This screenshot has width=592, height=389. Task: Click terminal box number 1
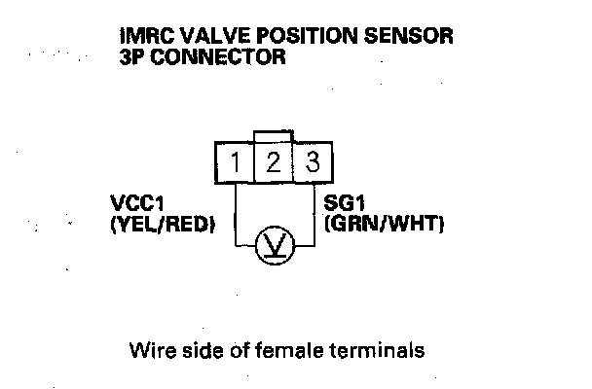coord(235,162)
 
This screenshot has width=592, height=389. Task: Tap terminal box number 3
coord(311,162)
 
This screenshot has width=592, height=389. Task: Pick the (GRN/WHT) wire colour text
coord(384,226)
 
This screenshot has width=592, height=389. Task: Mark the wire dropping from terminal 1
coord(237,214)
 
